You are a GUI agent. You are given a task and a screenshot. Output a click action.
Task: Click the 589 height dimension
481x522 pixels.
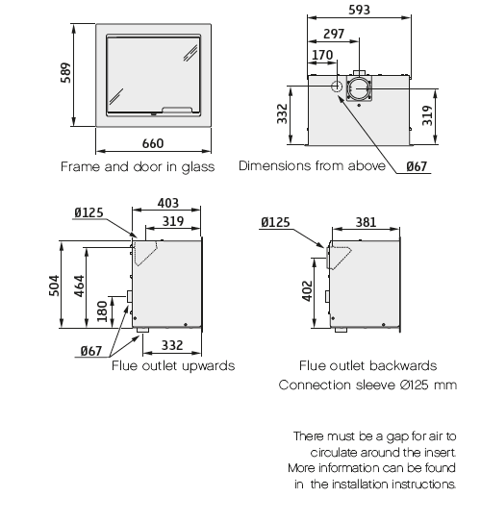coord(66,72)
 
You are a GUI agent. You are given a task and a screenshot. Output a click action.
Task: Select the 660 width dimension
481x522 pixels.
coord(153,143)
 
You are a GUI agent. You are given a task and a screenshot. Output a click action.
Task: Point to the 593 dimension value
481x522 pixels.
coord(359,10)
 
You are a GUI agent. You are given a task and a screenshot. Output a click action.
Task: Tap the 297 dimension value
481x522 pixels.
coord(334,34)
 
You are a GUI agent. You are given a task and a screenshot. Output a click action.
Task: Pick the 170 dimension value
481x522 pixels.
coord(322,55)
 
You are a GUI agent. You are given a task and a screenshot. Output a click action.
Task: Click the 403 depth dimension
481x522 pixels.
coord(168,203)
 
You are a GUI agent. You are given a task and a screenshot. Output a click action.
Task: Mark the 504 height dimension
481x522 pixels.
coord(54,286)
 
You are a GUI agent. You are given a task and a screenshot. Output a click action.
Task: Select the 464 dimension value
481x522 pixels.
coord(79,286)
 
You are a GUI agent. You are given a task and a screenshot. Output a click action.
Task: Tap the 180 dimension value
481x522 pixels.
coord(102,311)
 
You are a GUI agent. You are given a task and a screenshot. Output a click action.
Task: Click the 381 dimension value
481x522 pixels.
coord(366,222)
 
